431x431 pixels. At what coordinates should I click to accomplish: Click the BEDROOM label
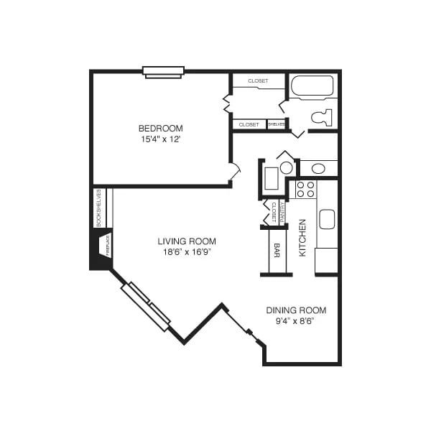point(161,129)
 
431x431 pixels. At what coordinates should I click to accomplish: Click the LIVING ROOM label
point(187,241)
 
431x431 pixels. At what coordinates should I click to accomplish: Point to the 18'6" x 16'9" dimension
point(187,252)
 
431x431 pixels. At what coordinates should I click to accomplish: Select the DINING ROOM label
point(296,310)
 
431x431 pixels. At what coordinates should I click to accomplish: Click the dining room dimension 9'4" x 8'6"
point(296,320)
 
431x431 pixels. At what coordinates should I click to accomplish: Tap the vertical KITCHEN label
point(303,238)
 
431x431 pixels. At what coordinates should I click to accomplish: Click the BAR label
point(277,250)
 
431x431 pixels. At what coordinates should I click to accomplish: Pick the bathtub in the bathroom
point(312,85)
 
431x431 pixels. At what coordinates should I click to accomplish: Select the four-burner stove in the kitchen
point(306,189)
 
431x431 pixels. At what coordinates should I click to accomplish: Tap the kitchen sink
point(327,219)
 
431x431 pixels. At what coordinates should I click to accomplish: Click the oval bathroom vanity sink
point(318,169)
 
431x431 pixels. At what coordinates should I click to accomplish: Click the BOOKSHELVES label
point(99,208)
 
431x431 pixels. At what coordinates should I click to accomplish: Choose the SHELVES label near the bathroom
point(277,124)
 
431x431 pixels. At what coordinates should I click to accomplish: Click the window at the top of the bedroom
point(164,71)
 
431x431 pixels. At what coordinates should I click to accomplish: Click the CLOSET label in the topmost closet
point(258,81)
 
